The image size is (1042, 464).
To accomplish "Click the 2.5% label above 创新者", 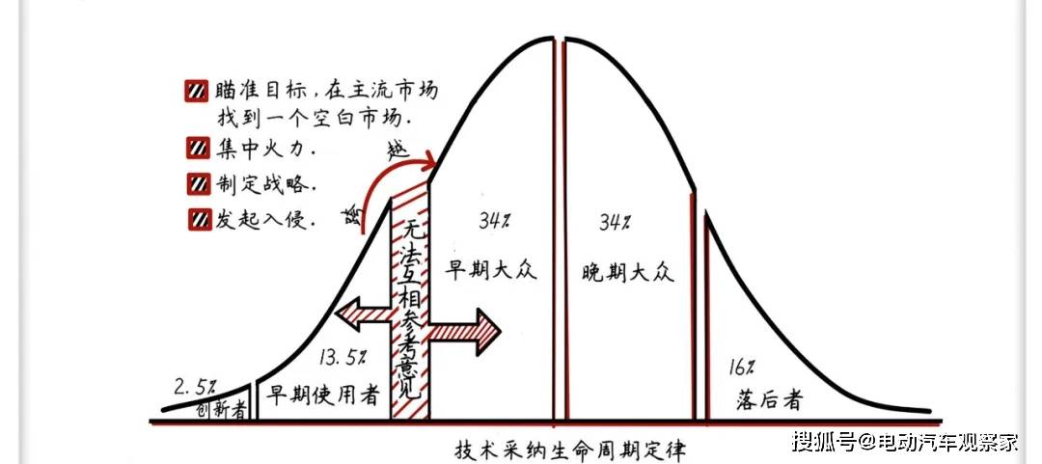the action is coord(195,386).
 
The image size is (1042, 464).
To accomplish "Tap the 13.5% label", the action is coord(343,357).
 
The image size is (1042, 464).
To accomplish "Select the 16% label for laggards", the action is coord(740,367).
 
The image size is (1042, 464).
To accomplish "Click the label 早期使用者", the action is coord(323,396).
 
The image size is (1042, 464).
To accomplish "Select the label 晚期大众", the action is coord(627,272).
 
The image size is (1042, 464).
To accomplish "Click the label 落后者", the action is coord(770,399).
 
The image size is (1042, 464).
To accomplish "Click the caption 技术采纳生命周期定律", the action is coord(568,450).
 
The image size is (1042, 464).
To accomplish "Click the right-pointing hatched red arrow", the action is coord(464,332).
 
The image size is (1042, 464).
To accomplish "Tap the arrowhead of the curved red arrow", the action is coord(428,160).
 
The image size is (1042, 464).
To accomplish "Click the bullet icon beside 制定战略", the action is coord(197,184).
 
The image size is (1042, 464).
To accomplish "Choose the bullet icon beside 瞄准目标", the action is coord(197,91).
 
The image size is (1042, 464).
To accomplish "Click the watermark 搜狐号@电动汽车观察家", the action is coord(905,440).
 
